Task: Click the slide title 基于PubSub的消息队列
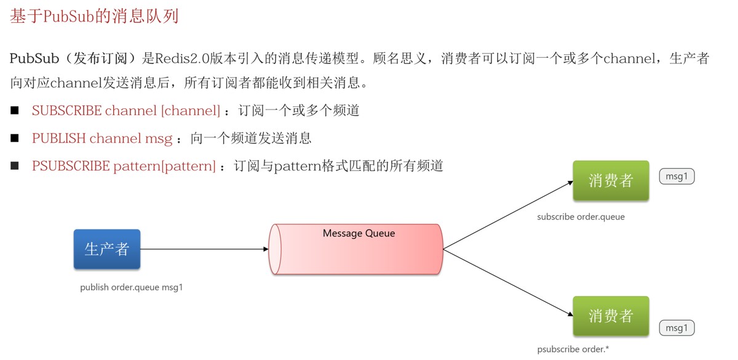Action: pyautogui.click(x=94, y=16)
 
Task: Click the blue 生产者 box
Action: pyautogui.click(x=107, y=249)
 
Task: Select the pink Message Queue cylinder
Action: pyautogui.click(x=356, y=249)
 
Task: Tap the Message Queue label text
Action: pyautogui.click(x=359, y=233)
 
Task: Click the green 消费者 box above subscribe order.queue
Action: pyautogui.click(x=611, y=180)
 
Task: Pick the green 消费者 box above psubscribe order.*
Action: pyautogui.click(x=611, y=316)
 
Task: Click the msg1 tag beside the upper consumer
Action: pyautogui.click(x=676, y=177)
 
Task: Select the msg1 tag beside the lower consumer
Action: pyautogui.click(x=676, y=328)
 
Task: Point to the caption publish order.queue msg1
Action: pyautogui.click(x=132, y=287)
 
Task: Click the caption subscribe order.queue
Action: pyautogui.click(x=581, y=217)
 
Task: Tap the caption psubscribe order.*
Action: pyautogui.click(x=573, y=349)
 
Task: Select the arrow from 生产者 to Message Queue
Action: pyautogui.click(x=204, y=249)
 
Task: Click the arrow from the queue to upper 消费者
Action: pyautogui.click(x=509, y=215)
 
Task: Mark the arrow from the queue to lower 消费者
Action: pyautogui.click(x=509, y=282)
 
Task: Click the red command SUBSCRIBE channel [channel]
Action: pyautogui.click(x=126, y=110)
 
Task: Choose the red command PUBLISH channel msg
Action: pyautogui.click(x=102, y=138)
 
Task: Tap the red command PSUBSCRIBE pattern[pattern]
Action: pyautogui.click(x=124, y=166)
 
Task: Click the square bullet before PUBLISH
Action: pyautogui.click(x=15, y=138)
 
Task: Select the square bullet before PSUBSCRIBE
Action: pyautogui.click(x=15, y=166)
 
